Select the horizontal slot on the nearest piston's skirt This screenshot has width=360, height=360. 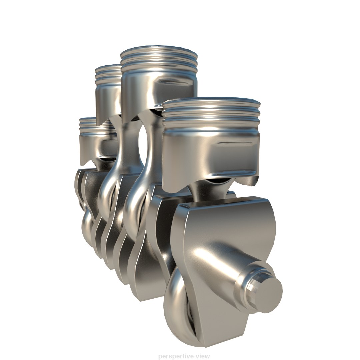coord(233,144)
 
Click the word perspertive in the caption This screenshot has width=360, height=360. coord(175,356)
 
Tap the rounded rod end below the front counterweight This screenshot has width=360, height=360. coord(178,310)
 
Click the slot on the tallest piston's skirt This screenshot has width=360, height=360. coord(177,82)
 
